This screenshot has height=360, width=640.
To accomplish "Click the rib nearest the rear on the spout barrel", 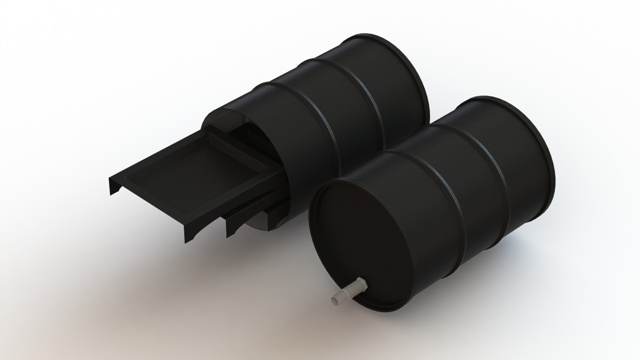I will pos(494,169).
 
